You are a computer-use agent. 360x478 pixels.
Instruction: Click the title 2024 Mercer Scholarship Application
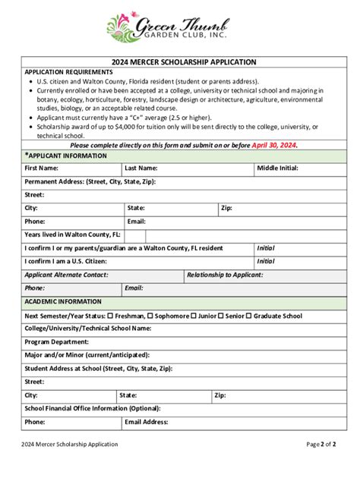coord(180,61)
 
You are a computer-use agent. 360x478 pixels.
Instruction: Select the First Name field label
coord(41,168)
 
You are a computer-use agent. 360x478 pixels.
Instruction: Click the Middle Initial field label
coord(277,168)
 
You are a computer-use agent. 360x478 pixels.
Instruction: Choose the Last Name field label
coord(141,168)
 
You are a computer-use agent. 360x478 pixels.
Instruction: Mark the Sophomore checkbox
coord(150,316)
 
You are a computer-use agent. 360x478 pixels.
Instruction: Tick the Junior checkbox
coord(194,316)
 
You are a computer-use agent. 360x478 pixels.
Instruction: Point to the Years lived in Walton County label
coord(72,234)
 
